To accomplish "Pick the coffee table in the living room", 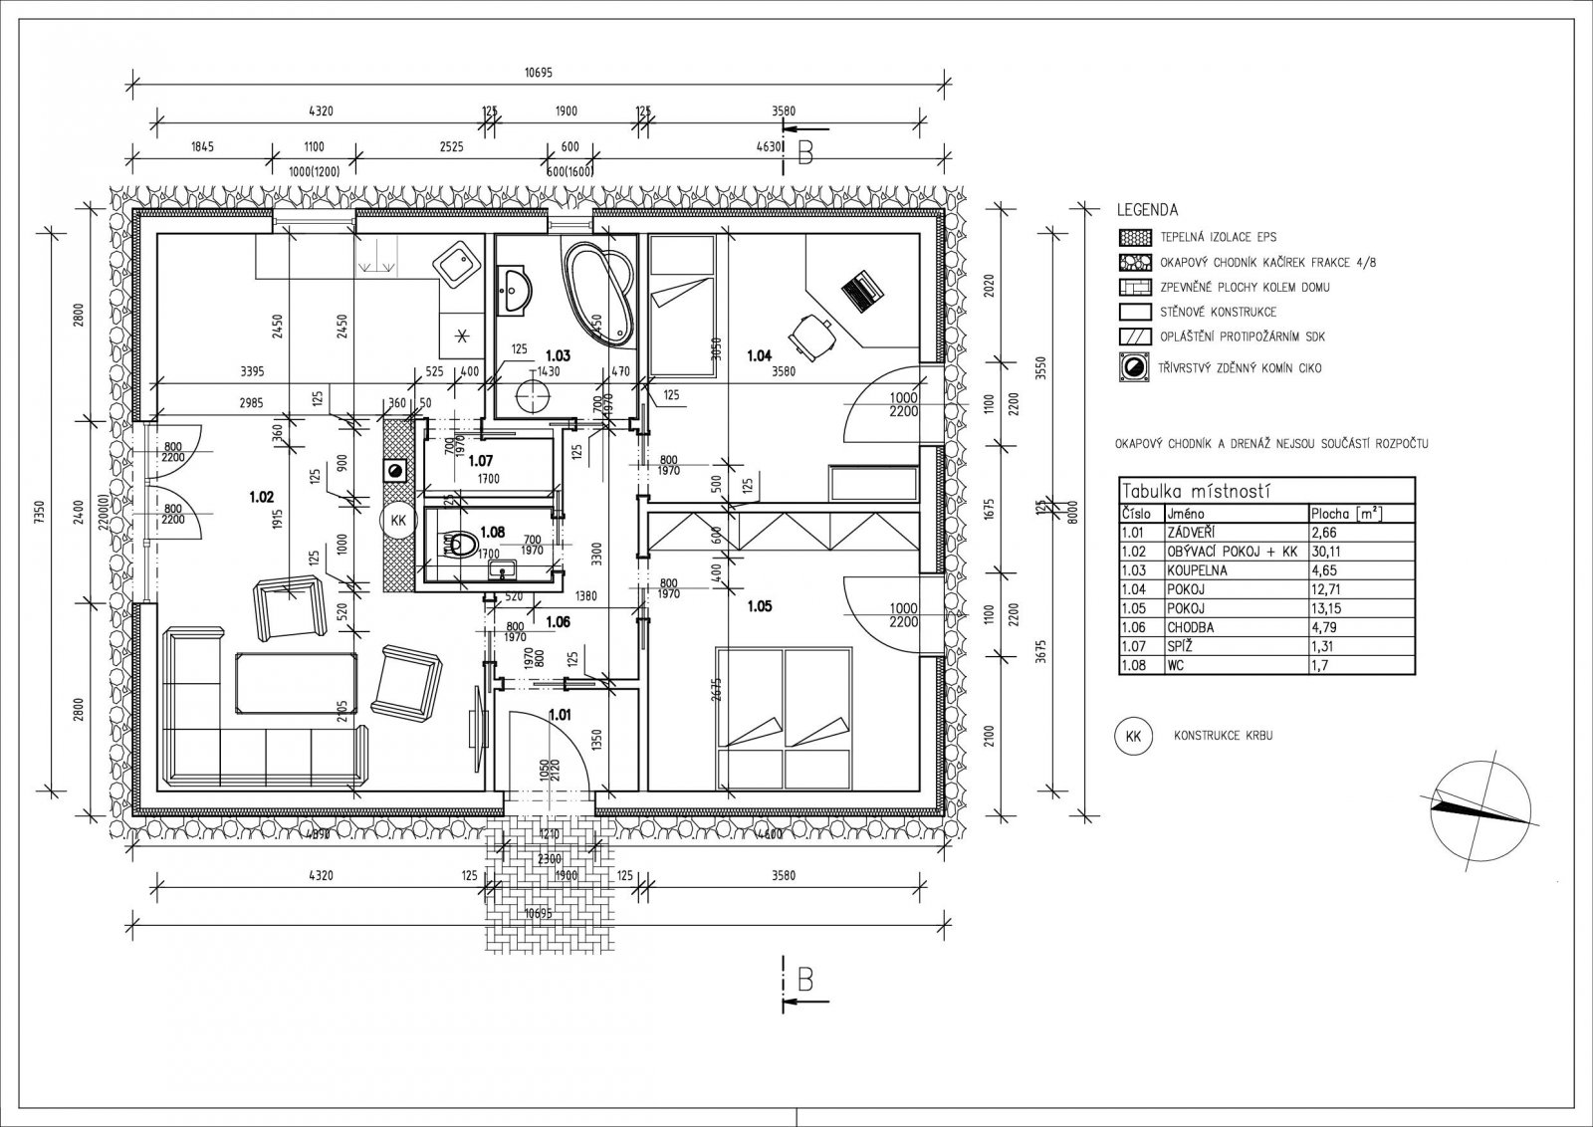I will coord(296,682).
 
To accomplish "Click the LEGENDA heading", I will coord(1147,211).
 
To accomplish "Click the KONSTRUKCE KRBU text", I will coord(1224,737).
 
